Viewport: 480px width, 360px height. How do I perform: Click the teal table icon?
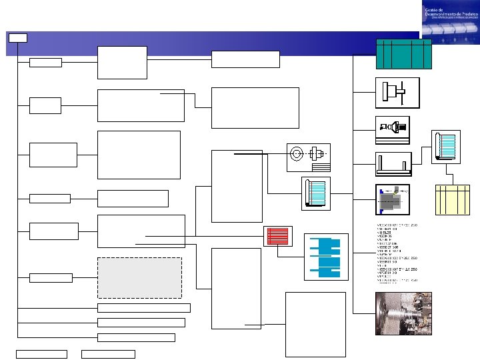click(403, 54)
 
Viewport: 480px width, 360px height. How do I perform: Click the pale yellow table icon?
click(452, 199)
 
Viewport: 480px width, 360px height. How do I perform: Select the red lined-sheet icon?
click(277, 236)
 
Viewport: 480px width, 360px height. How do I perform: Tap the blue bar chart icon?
click(326, 257)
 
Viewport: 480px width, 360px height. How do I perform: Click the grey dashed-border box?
click(139, 277)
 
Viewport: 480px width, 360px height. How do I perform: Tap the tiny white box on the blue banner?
click(18, 37)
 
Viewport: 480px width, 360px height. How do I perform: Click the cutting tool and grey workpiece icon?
click(393, 199)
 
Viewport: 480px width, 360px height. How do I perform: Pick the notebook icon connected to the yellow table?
click(445, 146)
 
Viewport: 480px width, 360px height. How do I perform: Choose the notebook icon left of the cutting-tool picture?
click(316, 194)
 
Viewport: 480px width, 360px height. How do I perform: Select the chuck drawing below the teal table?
click(397, 93)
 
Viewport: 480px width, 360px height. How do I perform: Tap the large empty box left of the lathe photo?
click(315, 324)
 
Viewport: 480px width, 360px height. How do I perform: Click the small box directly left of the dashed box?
click(51, 277)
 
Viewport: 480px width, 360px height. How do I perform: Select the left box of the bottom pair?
click(41, 354)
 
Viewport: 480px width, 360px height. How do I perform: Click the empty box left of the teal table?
click(245, 59)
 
